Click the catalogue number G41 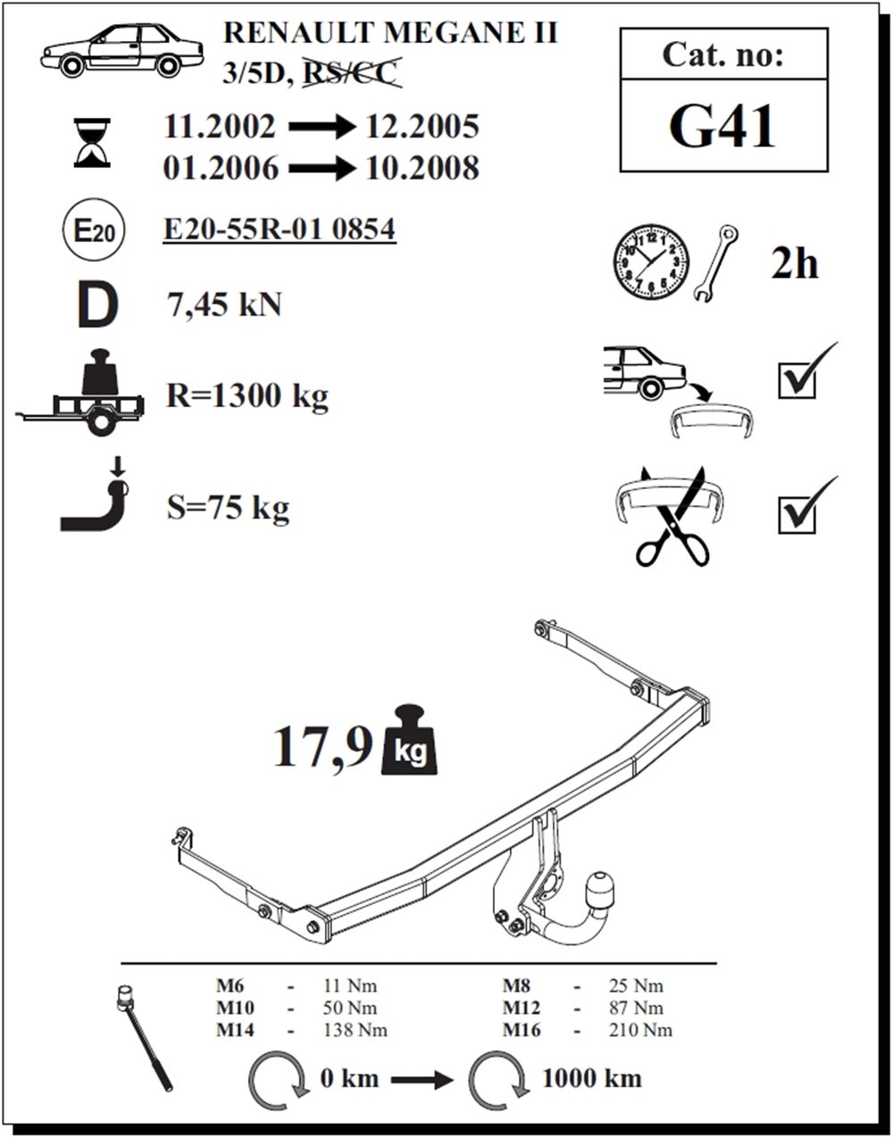point(722,127)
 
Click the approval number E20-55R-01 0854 point(280,230)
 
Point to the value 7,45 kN point(224,305)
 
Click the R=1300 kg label point(247,395)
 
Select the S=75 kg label point(228,509)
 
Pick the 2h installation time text point(794,264)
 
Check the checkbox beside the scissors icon point(797,514)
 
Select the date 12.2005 point(422,128)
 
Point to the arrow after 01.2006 point(322,169)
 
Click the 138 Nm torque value point(356,1030)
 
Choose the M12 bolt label point(522,1009)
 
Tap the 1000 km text point(591,1078)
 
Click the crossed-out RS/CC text point(350,74)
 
